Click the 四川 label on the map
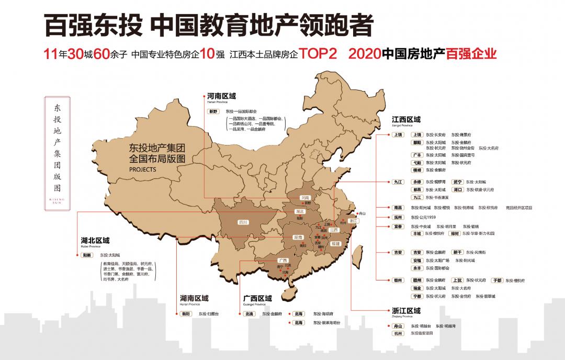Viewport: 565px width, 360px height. click(243, 222)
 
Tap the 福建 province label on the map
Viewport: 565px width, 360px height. click(336, 244)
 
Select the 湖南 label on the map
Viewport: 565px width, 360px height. click(298, 237)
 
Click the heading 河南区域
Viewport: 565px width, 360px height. click(221, 96)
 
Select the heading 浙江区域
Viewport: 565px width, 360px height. click(406, 310)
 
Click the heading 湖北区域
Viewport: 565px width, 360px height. click(95, 241)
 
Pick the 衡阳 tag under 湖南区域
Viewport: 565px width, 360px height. click(185, 313)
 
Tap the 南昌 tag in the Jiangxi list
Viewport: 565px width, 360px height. click(399, 208)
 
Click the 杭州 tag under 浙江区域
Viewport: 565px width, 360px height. click(399, 332)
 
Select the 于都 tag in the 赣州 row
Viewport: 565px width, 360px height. click(498, 280)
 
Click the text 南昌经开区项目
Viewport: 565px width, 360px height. click(519, 208)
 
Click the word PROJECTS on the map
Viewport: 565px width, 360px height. click(141, 170)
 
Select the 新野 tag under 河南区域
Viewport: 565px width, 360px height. click(213, 111)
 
